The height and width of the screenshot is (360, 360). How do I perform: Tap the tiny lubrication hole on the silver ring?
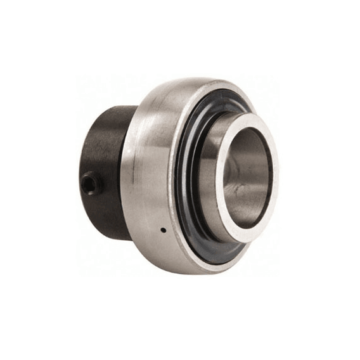(162, 230)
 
